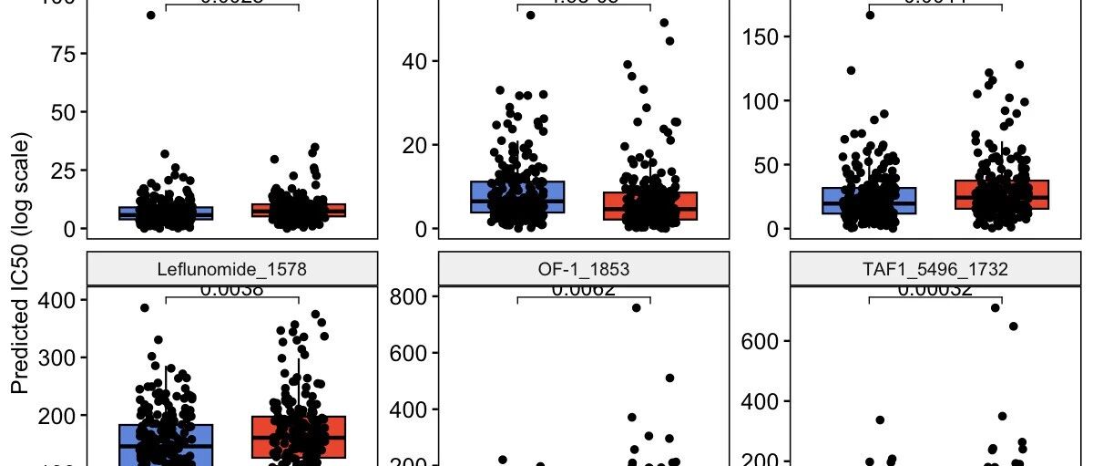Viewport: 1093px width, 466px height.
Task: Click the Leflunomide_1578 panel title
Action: pyautogui.click(x=230, y=269)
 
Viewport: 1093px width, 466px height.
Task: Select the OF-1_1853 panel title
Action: pyautogui.click(x=583, y=269)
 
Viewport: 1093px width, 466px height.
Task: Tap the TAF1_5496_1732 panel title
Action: pyautogui.click(x=935, y=269)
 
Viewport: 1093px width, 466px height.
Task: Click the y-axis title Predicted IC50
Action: pyautogui.click(x=20, y=264)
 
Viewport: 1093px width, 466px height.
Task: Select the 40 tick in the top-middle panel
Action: pyautogui.click(x=414, y=61)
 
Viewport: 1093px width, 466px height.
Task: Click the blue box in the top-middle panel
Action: pyautogui.click(x=517, y=196)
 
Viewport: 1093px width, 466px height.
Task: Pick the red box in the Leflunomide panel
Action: pyautogui.click(x=299, y=437)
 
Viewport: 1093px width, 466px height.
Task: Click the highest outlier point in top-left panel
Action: pyautogui.click(x=151, y=15)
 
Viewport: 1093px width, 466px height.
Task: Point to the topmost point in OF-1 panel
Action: pyautogui.click(x=636, y=307)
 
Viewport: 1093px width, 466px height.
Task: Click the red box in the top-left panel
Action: pyautogui.click(x=299, y=211)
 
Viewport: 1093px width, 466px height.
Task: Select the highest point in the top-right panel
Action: pyautogui.click(x=870, y=15)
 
